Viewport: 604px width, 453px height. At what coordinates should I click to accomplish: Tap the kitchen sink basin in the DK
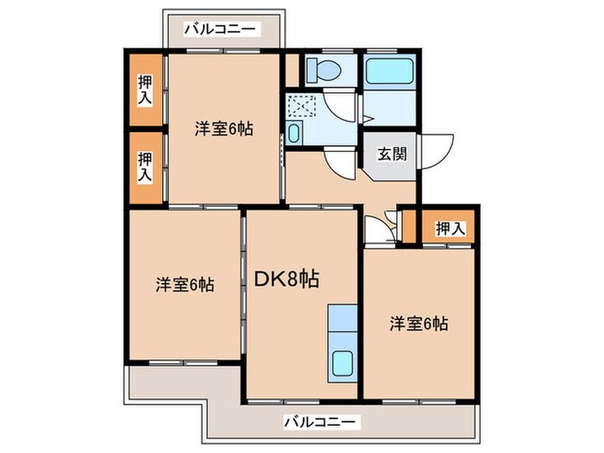[343, 365]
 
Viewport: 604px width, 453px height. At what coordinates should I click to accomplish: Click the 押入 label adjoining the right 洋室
[450, 229]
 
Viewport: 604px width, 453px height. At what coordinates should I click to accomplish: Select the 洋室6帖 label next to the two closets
[223, 130]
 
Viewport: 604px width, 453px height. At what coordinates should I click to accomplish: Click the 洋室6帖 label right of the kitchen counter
[418, 324]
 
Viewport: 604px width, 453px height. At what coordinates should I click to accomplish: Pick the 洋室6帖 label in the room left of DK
[186, 285]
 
